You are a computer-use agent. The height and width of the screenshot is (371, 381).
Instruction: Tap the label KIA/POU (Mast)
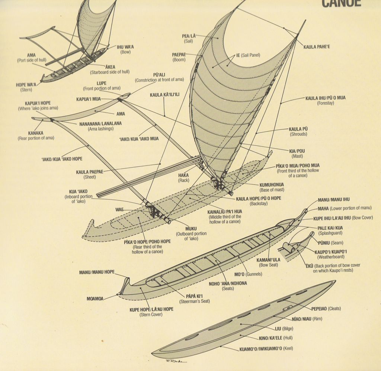(x=297, y=154)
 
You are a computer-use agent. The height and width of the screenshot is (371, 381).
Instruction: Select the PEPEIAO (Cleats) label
(x=326, y=309)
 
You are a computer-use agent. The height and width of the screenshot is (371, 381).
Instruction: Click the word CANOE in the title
(x=341, y=4)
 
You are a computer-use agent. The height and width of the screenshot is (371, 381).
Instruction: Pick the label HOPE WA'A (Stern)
(x=26, y=87)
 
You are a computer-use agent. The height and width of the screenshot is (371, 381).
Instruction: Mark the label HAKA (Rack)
(x=183, y=178)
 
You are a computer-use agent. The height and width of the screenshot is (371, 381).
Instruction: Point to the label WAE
(x=119, y=210)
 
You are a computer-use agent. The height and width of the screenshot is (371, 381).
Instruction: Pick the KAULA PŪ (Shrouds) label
(x=298, y=131)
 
